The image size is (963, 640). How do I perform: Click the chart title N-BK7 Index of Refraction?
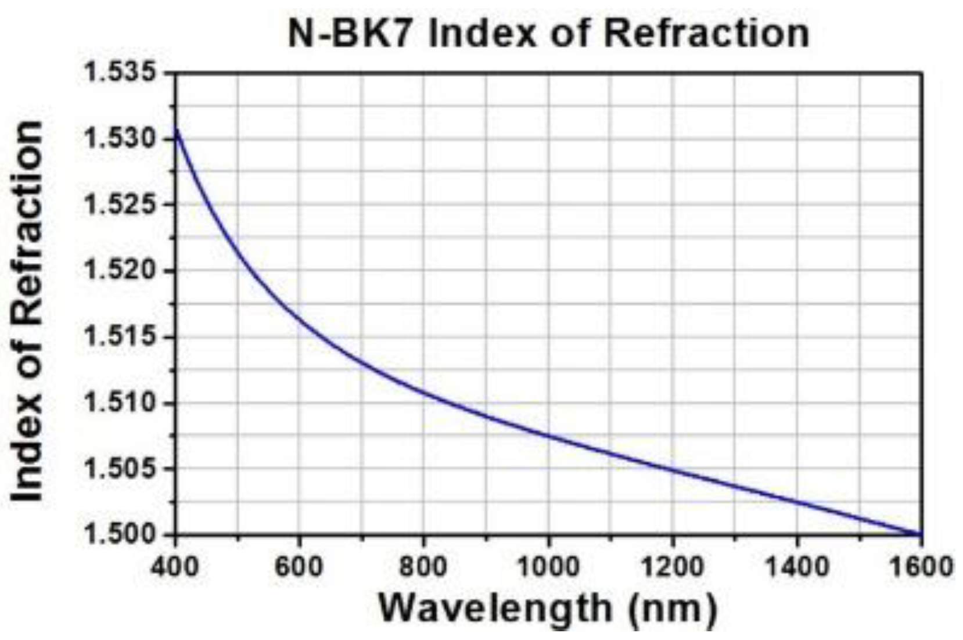(548, 33)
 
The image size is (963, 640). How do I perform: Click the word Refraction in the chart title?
(706, 33)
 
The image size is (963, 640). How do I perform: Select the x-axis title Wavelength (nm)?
(548, 608)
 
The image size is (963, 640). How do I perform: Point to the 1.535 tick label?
(121, 73)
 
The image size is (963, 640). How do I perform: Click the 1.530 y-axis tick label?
(121, 139)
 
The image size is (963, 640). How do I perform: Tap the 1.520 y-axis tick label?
(121, 271)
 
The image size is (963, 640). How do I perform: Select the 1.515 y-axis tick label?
(121, 336)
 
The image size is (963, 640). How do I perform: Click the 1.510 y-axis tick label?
(121, 402)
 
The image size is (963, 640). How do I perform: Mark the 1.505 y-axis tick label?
(121, 468)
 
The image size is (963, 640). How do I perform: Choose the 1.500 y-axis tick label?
(121, 534)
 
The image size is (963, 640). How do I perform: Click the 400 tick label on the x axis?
(175, 566)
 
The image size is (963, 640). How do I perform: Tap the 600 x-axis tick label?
(299, 566)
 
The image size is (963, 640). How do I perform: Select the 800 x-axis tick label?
(423, 566)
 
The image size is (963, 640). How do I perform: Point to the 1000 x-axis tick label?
(548, 566)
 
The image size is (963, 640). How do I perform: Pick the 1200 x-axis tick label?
(672, 566)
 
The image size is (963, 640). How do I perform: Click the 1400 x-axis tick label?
(796, 566)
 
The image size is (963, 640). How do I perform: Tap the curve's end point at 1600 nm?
(921, 533)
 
